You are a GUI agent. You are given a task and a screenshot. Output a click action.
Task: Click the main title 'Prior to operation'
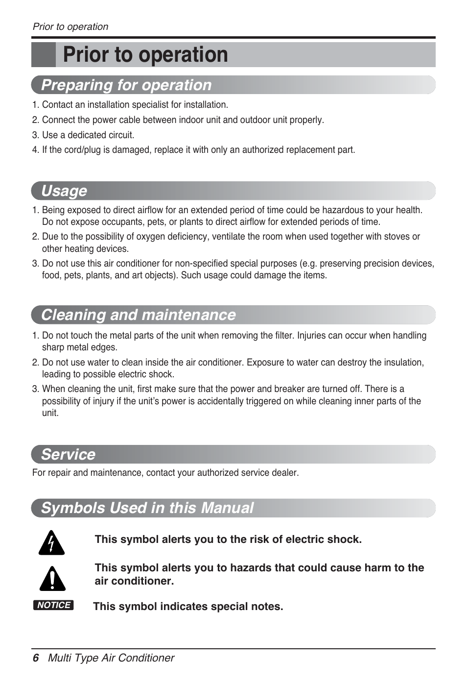(145, 54)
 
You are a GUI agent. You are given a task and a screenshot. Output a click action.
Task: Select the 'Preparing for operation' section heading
(126, 85)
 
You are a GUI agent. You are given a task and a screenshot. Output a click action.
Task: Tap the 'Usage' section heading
(64, 191)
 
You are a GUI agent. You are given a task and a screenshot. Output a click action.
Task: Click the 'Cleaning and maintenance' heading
(139, 315)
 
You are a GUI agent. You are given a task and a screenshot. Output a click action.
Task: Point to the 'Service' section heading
(68, 454)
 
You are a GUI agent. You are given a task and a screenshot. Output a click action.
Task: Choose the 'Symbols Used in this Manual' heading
(147, 508)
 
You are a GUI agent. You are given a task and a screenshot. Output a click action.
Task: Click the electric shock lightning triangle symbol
(52, 543)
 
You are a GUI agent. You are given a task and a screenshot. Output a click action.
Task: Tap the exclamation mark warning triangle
(52, 579)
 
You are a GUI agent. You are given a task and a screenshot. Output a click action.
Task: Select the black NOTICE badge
(53, 605)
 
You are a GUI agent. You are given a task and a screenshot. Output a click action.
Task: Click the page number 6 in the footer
(35, 658)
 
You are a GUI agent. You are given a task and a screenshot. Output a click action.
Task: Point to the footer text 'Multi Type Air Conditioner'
(111, 658)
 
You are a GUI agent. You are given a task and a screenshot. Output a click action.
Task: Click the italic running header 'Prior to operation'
(70, 27)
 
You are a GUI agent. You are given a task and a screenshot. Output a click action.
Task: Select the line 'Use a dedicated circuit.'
(88, 135)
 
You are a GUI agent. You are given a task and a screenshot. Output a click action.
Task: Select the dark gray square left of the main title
(43, 54)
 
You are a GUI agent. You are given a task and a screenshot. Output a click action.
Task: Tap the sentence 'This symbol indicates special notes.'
(188, 607)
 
